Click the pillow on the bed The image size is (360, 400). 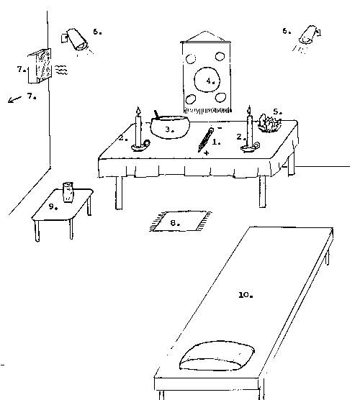click(217, 356)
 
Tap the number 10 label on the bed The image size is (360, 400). click(246, 295)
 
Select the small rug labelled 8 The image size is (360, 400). click(180, 222)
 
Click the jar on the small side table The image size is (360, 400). click(68, 192)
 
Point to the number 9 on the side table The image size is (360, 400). click(53, 207)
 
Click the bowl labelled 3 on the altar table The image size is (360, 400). click(170, 127)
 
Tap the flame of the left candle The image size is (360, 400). click(138, 112)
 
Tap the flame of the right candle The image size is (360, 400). click(249, 110)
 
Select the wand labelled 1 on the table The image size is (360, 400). click(205, 140)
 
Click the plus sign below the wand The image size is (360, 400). click(207, 153)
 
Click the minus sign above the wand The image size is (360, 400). click(220, 128)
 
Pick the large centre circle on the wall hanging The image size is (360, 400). click(207, 80)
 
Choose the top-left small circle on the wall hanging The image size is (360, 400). click(191, 59)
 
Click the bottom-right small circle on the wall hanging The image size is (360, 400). click(220, 97)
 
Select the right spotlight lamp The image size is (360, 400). click(309, 35)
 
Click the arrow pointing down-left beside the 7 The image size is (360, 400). click(14, 99)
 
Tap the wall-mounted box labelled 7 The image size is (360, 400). click(40, 65)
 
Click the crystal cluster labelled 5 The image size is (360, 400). click(269, 124)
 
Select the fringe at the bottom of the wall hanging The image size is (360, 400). click(207, 110)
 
